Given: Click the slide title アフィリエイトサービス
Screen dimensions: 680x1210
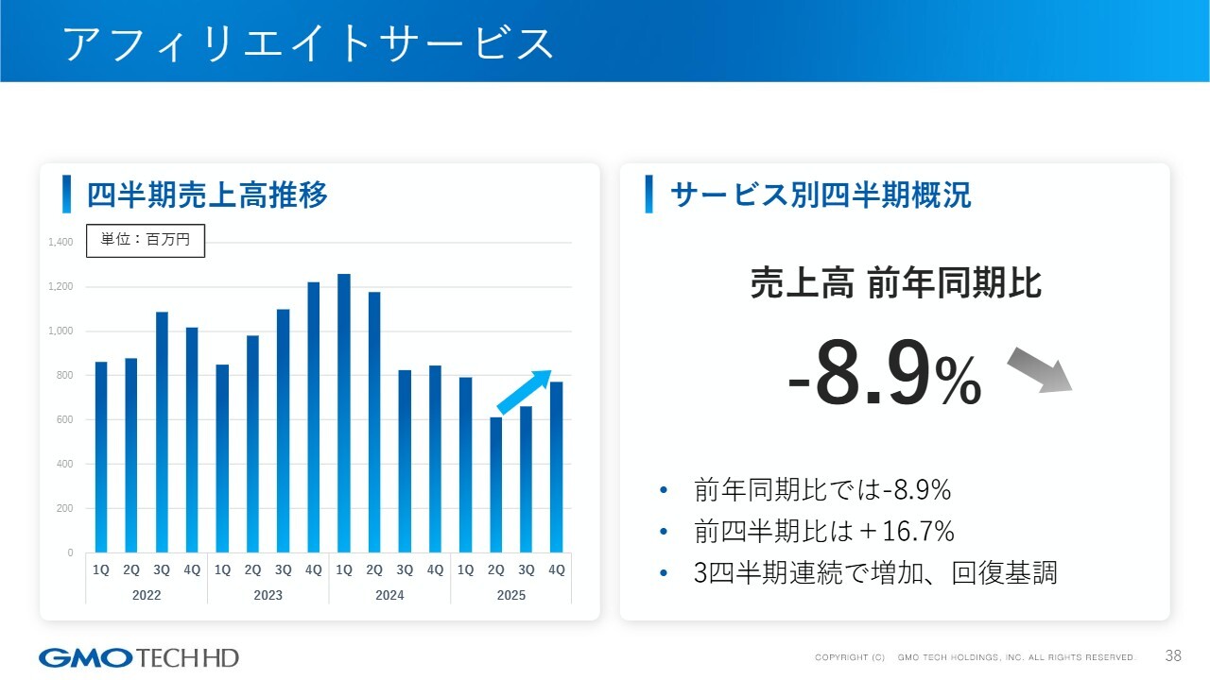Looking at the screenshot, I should tap(308, 43).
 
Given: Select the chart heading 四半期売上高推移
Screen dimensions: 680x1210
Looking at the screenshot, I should tap(207, 195).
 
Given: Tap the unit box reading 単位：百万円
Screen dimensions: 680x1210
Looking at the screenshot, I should tap(146, 240).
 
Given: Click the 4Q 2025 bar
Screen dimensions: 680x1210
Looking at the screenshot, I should tap(557, 467).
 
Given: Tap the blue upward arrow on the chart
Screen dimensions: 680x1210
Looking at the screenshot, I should tap(524, 392).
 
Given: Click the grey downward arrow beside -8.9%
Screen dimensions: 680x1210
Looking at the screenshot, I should tap(1039, 369).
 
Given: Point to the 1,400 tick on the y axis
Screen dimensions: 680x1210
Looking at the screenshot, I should tap(60, 243).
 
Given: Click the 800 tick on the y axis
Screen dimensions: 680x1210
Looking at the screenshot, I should tap(63, 376).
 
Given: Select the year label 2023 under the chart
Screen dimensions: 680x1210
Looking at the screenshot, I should tap(268, 595).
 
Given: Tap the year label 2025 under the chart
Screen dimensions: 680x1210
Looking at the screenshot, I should tap(511, 595).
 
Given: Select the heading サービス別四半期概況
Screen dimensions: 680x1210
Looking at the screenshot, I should tap(820, 195).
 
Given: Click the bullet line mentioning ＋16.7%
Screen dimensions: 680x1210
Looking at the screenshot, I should tap(823, 532).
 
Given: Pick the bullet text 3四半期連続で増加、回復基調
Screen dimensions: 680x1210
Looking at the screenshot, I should tap(874, 572).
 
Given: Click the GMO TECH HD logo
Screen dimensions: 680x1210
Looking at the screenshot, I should tap(139, 657).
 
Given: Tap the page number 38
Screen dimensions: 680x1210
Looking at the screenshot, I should tap(1173, 656).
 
